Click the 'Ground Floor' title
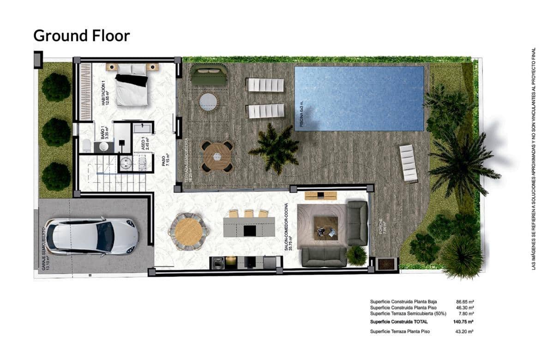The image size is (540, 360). point(82,36)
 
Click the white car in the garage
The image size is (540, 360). point(91,236)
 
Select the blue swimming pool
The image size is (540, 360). point(359,98)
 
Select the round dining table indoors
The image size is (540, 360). point(188,231)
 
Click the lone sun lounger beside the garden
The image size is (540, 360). point(408,163)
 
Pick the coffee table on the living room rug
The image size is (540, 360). point(326,228)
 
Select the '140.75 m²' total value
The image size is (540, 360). point(464,322)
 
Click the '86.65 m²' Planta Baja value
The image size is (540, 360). point(464,301)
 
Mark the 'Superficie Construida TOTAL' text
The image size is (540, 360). point(399,322)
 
